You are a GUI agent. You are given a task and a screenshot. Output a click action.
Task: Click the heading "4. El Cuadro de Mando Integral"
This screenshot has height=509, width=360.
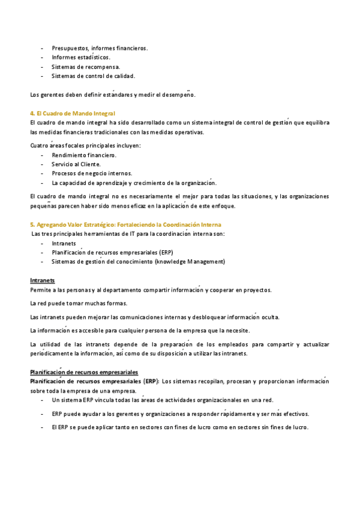pyautogui.click(x=72, y=113)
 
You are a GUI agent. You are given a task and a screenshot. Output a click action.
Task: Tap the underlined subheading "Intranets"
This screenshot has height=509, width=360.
pyautogui.click(x=43, y=280)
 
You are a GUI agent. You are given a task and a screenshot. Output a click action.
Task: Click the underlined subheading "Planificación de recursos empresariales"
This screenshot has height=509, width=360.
pyautogui.click(x=84, y=372)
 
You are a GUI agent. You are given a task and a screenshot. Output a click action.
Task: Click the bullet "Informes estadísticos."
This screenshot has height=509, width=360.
pyautogui.click(x=80, y=58)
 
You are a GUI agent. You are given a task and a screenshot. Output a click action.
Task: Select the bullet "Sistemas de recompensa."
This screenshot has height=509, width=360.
pyautogui.click(x=85, y=67)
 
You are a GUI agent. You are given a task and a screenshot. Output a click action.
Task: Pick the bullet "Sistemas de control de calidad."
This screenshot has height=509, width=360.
pyautogui.click(x=93, y=76)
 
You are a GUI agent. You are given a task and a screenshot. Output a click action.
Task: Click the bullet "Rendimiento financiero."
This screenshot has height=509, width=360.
pyautogui.click(x=84, y=155)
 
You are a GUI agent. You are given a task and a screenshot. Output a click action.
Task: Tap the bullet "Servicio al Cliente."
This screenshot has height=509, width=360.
pyautogui.click(x=76, y=164)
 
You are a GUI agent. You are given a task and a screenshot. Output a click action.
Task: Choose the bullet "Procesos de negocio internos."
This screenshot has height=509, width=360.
pyautogui.click(x=92, y=173)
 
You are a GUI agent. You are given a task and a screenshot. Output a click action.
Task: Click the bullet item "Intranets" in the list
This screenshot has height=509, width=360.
pyautogui.click(x=64, y=244)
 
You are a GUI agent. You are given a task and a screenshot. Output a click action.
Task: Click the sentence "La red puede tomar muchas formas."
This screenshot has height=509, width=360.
pyautogui.click(x=78, y=303)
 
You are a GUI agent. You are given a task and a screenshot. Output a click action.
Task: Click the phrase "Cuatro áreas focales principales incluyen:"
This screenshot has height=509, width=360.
pyautogui.click(x=85, y=145)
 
